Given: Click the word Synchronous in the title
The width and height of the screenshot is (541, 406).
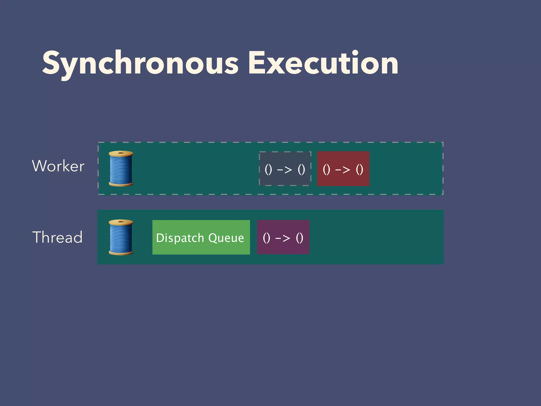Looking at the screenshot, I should tap(140, 64).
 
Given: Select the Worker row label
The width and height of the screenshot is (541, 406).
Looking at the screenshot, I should tap(58, 166).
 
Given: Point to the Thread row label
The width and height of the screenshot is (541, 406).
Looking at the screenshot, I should tap(57, 237).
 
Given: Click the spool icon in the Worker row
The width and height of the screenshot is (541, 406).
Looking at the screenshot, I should tap(121, 169).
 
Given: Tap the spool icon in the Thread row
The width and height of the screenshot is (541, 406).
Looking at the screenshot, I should tap(121, 237).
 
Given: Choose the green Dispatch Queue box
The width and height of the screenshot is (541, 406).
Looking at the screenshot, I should tap(201, 237).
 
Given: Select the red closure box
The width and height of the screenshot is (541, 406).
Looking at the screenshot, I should tap(343, 169).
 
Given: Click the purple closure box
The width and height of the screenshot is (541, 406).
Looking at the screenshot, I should tap(283, 237).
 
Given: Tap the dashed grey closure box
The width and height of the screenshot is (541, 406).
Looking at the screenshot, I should tap(285, 169).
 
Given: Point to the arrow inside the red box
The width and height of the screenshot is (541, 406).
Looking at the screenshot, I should tap(343, 169).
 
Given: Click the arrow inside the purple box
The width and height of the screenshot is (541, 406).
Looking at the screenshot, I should tap(283, 238).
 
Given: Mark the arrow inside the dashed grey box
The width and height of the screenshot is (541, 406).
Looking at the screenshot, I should tap(285, 169).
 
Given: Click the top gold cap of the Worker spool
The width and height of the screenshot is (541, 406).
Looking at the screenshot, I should tap(121, 153).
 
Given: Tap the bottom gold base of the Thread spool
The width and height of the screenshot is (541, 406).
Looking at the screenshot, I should tap(121, 253).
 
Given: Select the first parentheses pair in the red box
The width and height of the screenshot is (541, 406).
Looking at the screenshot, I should tap(327, 169).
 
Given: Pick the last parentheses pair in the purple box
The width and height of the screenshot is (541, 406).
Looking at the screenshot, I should tap(300, 238).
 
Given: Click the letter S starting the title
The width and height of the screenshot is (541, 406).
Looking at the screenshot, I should tap(51, 63).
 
